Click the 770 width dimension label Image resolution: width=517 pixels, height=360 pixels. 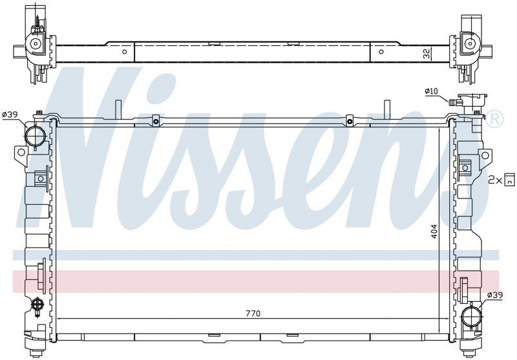tap(253, 313)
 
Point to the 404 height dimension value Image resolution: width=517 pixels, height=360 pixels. tap(434, 231)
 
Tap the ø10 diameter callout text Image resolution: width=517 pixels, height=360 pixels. tap(431, 91)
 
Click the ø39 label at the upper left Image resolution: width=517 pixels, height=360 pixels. tap(10, 114)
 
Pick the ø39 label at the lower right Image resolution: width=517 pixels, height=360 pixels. tap(495, 295)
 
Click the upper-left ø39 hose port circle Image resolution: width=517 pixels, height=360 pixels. tap(34, 136)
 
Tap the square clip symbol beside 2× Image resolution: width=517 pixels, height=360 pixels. tap(509, 180)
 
